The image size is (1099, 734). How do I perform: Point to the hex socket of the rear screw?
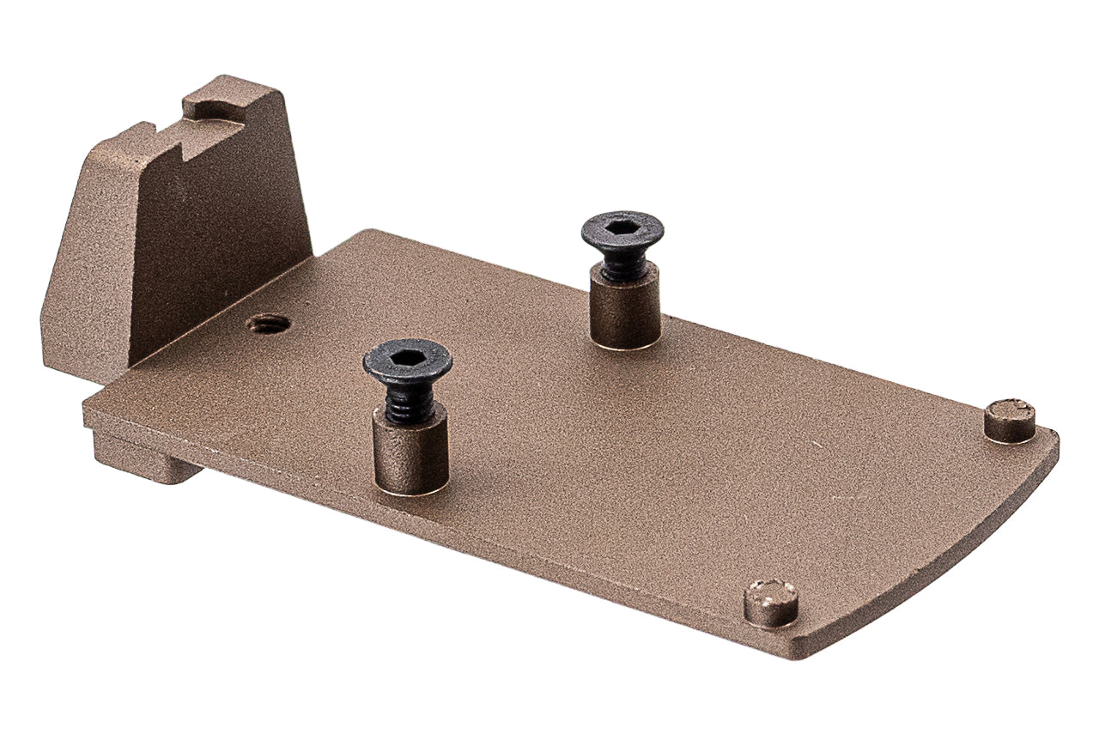tap(622, 228)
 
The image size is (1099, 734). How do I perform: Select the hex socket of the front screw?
tap(408, 356)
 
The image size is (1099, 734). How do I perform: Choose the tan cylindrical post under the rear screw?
tap(626, 309)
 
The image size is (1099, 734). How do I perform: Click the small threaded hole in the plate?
tap(267, 324)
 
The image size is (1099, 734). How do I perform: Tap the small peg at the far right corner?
tap(1009, 420)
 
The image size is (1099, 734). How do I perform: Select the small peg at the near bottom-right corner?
tap(770, 602)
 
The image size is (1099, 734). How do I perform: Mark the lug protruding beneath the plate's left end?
tap(142, 459)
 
